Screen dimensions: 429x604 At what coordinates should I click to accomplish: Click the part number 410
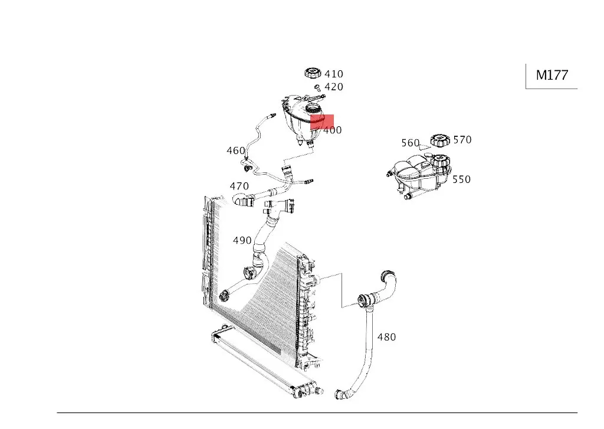[334, 74]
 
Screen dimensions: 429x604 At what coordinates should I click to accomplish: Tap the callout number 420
[334, 87]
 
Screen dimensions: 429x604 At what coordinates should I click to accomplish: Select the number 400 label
[333, 130]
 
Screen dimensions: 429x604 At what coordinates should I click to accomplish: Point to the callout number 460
[236, 151]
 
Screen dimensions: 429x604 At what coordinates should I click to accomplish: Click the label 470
[239, 186]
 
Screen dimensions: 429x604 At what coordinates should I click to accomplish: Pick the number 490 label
[242, 241]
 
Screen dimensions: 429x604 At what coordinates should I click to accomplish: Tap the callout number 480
[386, 338]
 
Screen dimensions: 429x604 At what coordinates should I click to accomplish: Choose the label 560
[410, 143]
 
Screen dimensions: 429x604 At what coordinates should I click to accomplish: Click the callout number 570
[462, 140]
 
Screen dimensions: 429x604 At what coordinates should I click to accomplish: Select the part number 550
[462, 179]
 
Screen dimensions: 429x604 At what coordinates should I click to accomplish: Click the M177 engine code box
[552, 76]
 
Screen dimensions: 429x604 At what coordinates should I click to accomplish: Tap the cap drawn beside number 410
[312, 73]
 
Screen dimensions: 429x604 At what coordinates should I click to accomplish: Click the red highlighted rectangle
[322, 122]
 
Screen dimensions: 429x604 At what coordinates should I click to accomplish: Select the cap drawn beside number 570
[440, 140]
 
